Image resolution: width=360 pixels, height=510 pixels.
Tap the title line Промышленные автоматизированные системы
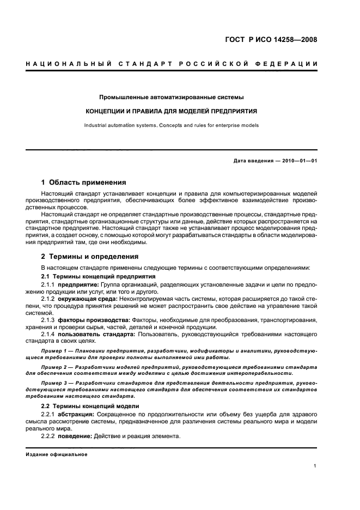coord(171,97)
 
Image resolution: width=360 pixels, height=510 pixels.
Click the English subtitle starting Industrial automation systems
coord(171,125)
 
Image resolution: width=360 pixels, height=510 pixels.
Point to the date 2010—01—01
coord(297,160)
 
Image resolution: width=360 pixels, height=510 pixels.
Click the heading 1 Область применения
coord(84,183)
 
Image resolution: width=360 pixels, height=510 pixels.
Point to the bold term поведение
coord(75,436)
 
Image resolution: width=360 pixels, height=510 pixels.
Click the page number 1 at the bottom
coord(315,466)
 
